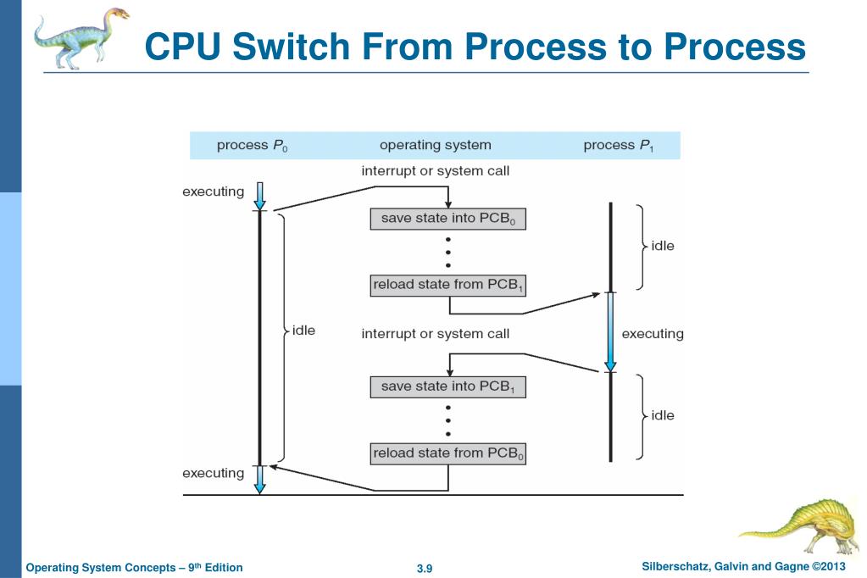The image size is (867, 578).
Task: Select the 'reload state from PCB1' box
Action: (x=448, y=285)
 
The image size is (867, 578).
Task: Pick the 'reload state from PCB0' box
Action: (x=448, y=453)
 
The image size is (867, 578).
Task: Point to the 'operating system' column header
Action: (x=435, y=145)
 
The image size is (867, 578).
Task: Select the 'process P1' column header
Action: (x=620, y=145)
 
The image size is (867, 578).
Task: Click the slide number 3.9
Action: (x=425, y=568)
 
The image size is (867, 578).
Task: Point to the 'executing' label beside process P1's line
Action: (x=653, y=334)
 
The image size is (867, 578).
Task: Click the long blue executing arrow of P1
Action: (x=609, y=331)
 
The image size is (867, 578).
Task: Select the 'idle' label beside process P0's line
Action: (x=303, y=331)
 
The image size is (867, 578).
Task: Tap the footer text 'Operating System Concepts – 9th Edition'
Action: (x=135, y=568)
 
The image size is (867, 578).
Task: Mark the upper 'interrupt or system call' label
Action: (x=435, y=171)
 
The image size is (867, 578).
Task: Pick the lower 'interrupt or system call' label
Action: (x=435, y=334)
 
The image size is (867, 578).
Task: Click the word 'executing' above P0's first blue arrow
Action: (x=214, y=192)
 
